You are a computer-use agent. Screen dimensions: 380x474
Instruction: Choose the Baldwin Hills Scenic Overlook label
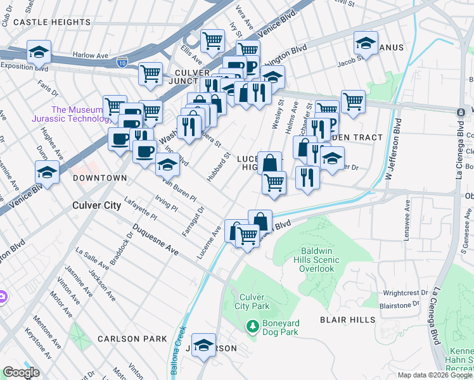[x=317, y=260]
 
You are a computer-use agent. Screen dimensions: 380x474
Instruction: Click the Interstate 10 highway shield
[x=127, y=61]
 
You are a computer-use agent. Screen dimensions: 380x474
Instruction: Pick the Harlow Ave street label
[x=91, y=55]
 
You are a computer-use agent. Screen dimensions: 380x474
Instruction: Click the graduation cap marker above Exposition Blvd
[x=39, y=51]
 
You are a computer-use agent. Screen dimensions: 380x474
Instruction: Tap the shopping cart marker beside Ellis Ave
[x=213, y=41]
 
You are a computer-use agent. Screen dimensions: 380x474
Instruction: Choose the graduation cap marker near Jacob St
[x=366, y=43]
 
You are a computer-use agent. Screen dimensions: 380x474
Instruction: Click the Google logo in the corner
[x=21, y=372]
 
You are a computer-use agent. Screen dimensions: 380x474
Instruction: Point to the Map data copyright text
[x=435, y=375]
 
